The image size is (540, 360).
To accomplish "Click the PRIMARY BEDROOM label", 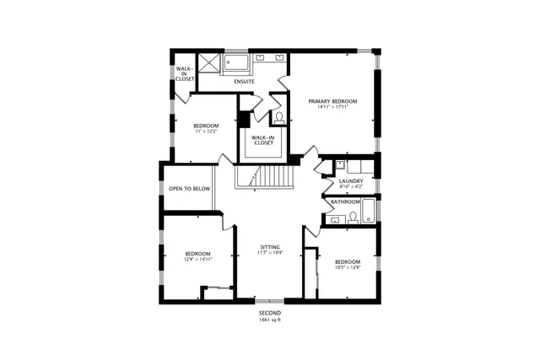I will pyautogui.click(x=332, y=101).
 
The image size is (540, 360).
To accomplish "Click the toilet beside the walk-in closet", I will pyautogui.click(x=279, y=117).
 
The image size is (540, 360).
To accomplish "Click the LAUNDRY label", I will pyautogui.click(x=350, y=181).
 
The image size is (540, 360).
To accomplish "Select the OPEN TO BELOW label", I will pyautogui.click(x=189, y=189).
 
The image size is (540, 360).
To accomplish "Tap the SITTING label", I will pyautogui.click(x=270, y=246).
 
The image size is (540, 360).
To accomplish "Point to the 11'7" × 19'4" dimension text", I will pyautogui.click(x=270, y=252).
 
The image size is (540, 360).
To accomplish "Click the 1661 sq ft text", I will pyautogui.click(x=270, y=320).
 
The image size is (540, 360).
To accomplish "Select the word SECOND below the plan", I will pyautogui.click(x=270, y=313).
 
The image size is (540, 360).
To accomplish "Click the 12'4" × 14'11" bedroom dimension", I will pyautogui.click(x=197, y=259).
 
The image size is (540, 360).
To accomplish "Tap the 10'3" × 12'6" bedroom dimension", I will pyautogui.click(x=347, y=267).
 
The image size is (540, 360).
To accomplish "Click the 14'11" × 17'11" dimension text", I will pyautogui.click(x=332, y=107).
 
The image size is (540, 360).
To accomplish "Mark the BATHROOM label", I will pyautogui.click(x=346, y=202).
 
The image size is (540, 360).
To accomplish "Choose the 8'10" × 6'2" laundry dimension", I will pyautogui.click(x=350, y=187).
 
